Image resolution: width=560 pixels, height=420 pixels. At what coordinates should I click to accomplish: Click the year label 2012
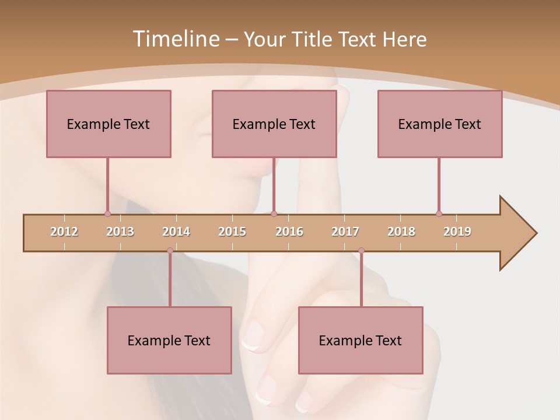pyautogui.click(x=64, y=232)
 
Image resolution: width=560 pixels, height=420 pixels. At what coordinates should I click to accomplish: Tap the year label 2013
pyautogui.click(x=120, y=232)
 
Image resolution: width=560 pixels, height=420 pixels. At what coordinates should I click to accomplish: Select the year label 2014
pyautogui.click(x=176, y=232)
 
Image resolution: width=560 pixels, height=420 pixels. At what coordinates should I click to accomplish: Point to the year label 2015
pyautogui.click(x=232, y=232)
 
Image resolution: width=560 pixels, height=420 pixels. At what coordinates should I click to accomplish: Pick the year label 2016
pyautogui.click(x=289, y=232)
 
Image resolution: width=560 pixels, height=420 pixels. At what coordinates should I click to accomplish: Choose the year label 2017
pyautogui.click(x=345, y=232)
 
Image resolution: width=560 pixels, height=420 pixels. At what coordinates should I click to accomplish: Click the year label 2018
pyautogui.click(x=401, y=232)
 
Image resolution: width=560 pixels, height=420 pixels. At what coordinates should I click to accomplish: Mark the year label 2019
pyautogui.click(x=457, y=232)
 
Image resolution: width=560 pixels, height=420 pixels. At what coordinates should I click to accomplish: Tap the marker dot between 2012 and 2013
pyautogui.click(x=107, y=213)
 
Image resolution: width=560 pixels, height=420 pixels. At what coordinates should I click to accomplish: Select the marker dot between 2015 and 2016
pyautogui.click(x=274, y=213)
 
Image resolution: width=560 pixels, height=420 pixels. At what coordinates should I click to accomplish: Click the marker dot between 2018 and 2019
pyautogui.click(x=439, y=213)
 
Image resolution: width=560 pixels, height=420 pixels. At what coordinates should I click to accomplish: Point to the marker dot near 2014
pyautogui.click(x=170, y=251)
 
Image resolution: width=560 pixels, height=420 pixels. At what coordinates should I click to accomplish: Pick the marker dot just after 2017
pyautogui.click(x=361, y=251)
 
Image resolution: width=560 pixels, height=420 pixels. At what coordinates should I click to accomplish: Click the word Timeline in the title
pyautogui.click(x=175, y=39)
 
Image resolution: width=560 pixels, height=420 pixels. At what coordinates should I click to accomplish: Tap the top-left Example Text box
pyautogui.click(x=108, y=124)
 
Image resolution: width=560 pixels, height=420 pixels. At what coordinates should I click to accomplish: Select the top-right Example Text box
pyautogui.click(x=440, y=124)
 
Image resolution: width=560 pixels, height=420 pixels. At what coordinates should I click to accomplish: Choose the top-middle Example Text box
pyautogui.click(x=274, y=124)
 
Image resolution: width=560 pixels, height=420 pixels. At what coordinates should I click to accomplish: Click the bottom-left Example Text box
pyautogui.click(x=169, y=340)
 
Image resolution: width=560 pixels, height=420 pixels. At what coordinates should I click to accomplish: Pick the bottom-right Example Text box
pyautogui.click(x=360, y=340)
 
